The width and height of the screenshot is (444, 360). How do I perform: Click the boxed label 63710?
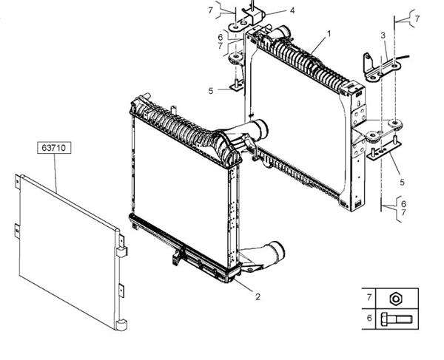pyautogui.click(x=54, y=148)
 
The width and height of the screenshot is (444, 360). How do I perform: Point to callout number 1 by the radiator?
pyautogui.click(x=329, y=34)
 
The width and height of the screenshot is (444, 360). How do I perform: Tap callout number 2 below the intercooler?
pyautogui.click(x=258, y=296)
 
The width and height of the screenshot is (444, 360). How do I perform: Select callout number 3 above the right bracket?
pyautogui.click(x=383, y=35)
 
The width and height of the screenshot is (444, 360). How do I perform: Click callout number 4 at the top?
pyautogui.click(x=292, y=11)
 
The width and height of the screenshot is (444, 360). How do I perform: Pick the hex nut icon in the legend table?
pyautogui.click(x=397, y=299)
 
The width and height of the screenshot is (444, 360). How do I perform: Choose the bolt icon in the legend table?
pyautogui.click(x=397, y=319)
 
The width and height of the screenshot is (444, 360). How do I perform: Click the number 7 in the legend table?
pyautogui.click(x=369, y=297)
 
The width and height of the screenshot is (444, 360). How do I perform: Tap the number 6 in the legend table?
pyautogui.click(x=369, y=318)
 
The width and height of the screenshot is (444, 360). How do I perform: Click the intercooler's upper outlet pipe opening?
pyautogui.click(x=261, y=129)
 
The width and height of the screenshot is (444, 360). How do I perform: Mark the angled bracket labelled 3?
pyautogui.click(x=381, y=68)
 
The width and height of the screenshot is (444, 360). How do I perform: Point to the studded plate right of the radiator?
pyautogui.click(x=384, y=149)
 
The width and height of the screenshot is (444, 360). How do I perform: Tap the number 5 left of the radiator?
pyautogui.click(x=211, y=91)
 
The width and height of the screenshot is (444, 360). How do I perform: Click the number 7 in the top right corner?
pyautogui.click(x=417, y=19)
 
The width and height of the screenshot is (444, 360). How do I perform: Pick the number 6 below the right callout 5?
pyautogui.click(x=403, y=203)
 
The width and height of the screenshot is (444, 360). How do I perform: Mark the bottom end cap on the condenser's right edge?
pyautogui.click(x=122, y=325)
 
